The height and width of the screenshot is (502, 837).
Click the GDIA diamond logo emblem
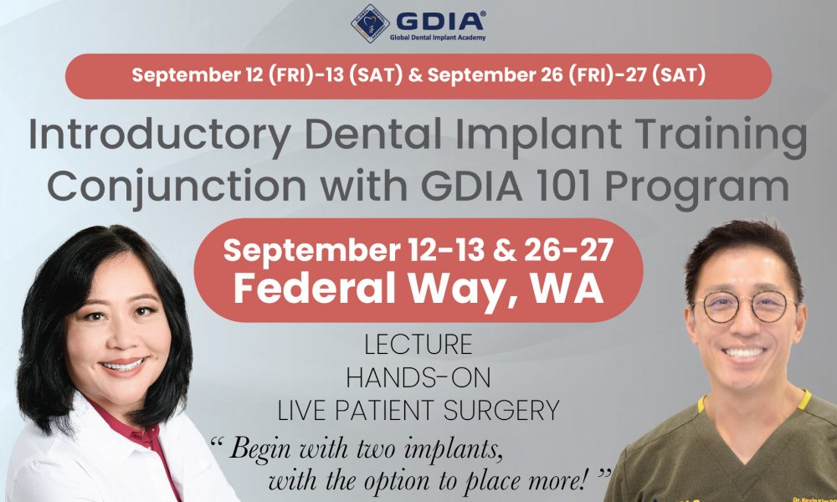(x=369, y=23)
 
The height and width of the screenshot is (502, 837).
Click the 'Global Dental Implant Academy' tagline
(x=438, y=38)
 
